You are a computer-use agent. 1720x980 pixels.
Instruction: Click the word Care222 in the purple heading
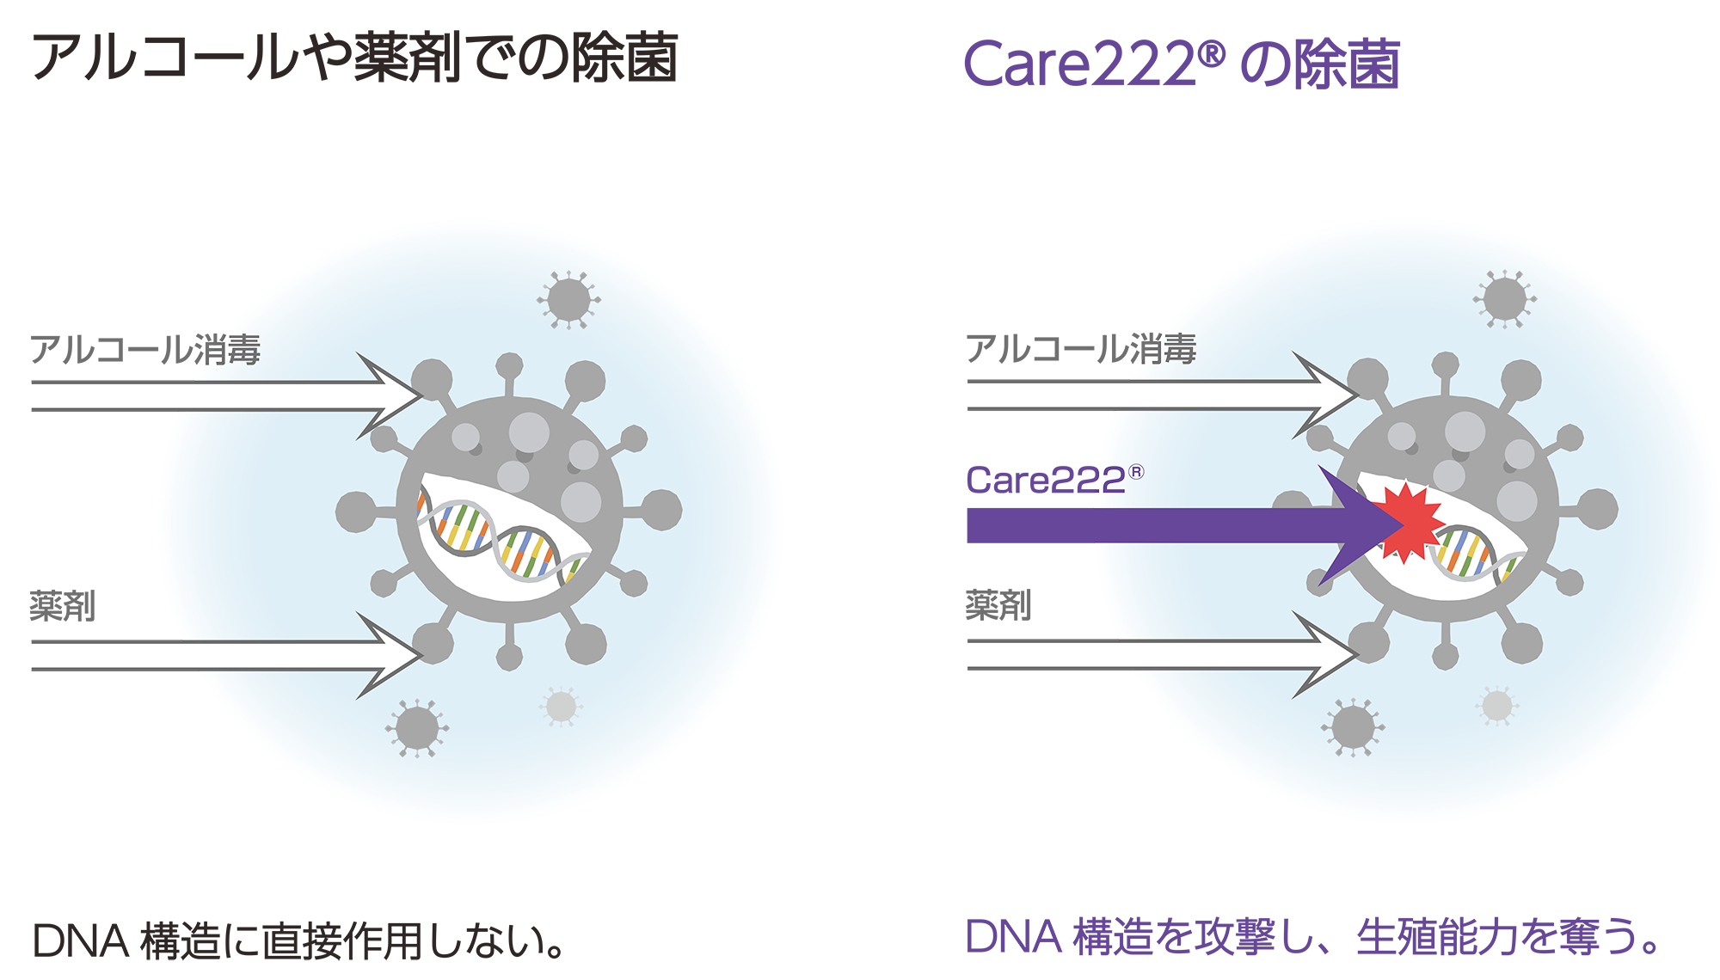[x=1079, y=64]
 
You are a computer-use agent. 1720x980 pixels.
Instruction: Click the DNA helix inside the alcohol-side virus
[x=499, y=537]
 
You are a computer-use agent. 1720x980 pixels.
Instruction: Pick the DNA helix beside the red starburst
[x=1475, y=554]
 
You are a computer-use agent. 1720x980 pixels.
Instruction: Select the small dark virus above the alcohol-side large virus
[x=568, y=300]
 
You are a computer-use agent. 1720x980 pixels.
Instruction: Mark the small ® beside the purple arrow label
[x=1136, y=472]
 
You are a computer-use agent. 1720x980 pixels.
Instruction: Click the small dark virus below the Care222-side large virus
[x=1353, y=727]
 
